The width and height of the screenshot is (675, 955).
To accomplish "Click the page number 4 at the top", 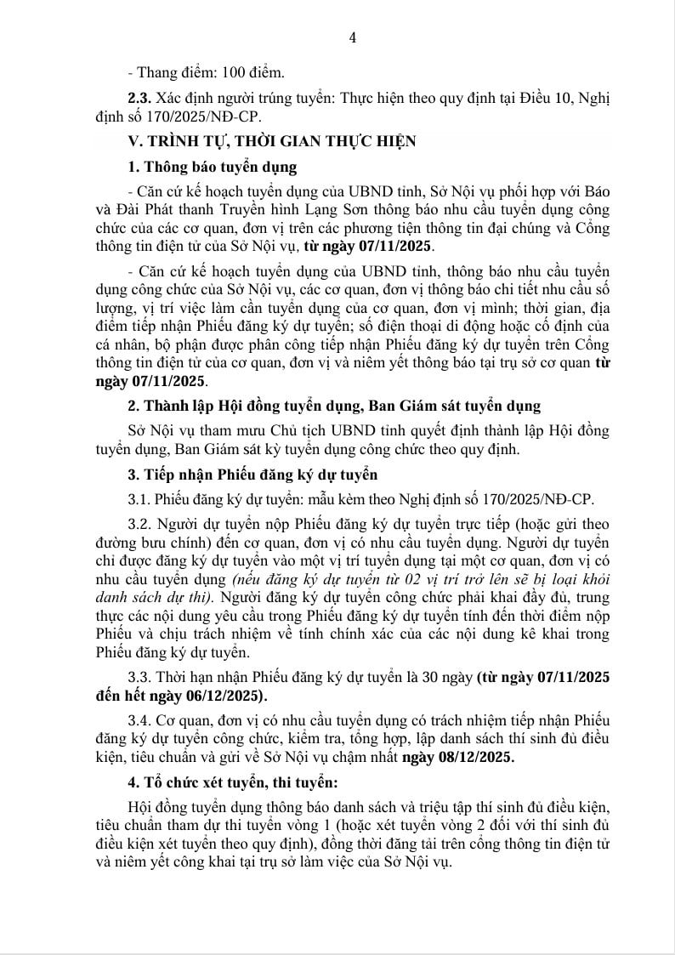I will point(353,37).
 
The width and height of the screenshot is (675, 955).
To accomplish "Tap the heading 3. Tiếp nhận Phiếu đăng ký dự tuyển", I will point(252,474).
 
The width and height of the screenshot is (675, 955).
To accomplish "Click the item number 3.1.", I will point(140,498).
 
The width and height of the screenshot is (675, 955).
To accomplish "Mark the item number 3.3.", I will point(140,677).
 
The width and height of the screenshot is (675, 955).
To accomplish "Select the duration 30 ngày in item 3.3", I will point(450,677).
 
